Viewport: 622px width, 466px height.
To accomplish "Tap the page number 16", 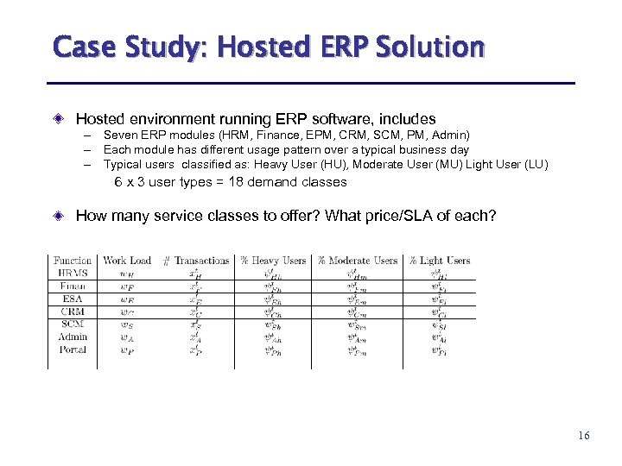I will pos(584,437).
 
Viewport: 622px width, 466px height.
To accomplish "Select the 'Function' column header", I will pos(73,261).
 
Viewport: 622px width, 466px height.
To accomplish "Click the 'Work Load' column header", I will pos(126,261).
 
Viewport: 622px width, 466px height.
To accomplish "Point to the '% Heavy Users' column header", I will pos(273,261).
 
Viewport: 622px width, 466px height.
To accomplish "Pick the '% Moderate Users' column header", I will pos(358,261).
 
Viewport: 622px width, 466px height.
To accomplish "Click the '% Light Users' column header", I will pos(440,261).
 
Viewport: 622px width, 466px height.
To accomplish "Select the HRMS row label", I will pos(73,274).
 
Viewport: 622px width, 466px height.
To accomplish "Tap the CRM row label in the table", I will pos(73,312).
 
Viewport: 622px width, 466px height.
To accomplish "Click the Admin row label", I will pos(73,337).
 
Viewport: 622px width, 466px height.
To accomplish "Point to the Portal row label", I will pos(73,349).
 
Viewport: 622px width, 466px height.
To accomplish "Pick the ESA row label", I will pos(73,299).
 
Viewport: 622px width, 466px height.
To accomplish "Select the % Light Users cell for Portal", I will pos(440,350).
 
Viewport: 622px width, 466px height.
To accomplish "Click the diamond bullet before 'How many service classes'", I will pos(58,216).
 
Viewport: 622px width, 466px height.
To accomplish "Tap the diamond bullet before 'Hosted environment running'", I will pos(58,119).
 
